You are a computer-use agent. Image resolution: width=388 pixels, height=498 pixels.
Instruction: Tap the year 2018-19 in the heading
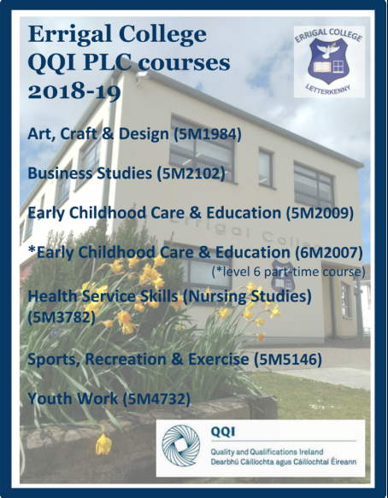[x=74, y=91]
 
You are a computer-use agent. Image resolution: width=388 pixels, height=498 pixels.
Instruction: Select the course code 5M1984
[x=208, y=134]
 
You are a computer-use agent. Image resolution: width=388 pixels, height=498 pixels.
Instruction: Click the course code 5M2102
[x=191, y=173]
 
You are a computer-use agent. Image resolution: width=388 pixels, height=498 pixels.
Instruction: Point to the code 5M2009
[x=320, y=213]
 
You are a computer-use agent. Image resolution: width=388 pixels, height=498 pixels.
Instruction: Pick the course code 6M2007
[x=329, y=253]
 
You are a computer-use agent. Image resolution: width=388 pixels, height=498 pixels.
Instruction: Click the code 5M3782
[x=62, y=317]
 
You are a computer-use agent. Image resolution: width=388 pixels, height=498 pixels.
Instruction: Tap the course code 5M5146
[x=288, y=360]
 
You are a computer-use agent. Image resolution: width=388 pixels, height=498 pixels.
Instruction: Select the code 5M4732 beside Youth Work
[x=156, y=399]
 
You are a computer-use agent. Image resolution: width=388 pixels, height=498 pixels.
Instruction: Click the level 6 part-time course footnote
[x=288, y=272]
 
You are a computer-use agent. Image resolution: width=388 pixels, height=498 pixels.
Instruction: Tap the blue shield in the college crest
[x=328, y=61]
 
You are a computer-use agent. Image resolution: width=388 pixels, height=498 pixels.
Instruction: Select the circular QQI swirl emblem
[x=181, y=446]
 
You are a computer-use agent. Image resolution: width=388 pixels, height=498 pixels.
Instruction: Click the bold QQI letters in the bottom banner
[x=223, y=432]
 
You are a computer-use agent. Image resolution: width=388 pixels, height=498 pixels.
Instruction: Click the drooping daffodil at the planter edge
[x=103, y=443]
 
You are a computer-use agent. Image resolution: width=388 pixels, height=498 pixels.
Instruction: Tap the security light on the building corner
[x=142, y=75]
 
